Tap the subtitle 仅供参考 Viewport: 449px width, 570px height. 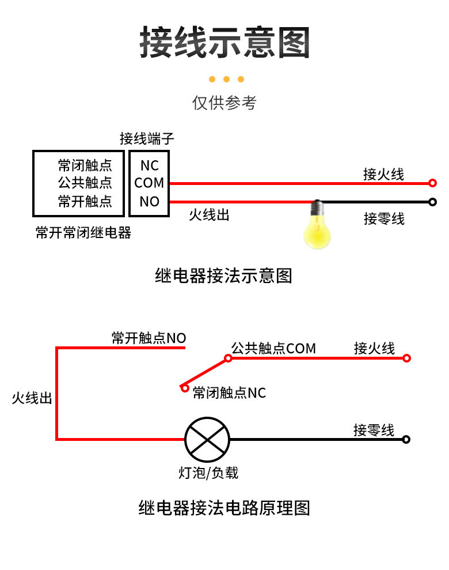(224, 103)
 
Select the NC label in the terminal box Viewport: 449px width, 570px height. (149, 165)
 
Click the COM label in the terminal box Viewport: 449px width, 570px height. (149, 183)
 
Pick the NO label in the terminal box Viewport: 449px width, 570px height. (149, 201)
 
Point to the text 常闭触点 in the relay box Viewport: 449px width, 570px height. (85, 165)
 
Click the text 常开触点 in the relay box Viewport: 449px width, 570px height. (85, 201)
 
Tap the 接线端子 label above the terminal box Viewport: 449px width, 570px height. (146, 138)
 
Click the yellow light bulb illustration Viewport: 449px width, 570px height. (317, 228)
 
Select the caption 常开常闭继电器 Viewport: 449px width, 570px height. (83, 233)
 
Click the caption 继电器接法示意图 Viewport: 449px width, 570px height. (224, 275)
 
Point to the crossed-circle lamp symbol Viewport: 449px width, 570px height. (207, 439)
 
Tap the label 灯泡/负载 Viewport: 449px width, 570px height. (208, 473)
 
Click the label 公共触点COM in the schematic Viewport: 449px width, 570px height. (273, 348)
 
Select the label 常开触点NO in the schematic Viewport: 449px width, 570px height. (149, 338)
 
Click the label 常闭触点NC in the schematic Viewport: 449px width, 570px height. (229, 393)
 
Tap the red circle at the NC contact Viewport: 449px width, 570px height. (184, 388)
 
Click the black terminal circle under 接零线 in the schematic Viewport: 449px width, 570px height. (406, 439)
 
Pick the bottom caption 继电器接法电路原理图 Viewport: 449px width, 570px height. (224, 508)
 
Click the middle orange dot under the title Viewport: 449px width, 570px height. (226, 80)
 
